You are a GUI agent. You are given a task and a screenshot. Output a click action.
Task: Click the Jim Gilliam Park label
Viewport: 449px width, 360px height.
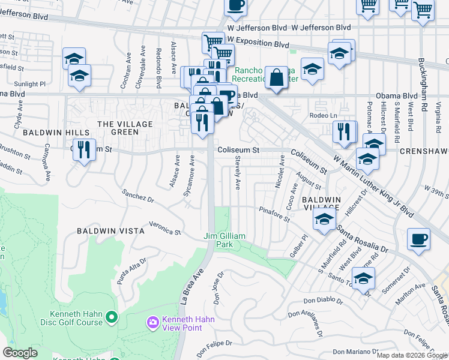point(224,241)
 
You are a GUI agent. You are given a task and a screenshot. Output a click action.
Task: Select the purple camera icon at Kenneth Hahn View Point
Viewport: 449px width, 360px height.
point(152,323)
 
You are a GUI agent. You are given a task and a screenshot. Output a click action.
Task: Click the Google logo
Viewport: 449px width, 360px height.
point(20,353)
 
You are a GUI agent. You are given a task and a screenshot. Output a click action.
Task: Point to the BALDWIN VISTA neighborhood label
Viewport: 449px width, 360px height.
point(110,230)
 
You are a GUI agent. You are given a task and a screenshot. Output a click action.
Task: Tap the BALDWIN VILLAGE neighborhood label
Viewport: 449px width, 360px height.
point(321,203)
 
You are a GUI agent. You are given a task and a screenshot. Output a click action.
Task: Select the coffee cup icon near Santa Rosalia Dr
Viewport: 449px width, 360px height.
point(418,238)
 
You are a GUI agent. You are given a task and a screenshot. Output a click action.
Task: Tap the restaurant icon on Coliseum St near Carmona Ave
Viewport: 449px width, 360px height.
point(85,149)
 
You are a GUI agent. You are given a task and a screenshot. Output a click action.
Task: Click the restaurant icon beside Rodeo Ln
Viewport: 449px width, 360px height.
point(344,131)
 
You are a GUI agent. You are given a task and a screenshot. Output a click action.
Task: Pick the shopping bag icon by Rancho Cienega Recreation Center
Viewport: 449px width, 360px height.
point(276,77)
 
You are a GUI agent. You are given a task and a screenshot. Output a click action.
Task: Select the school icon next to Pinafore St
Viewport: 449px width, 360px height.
point(324,220)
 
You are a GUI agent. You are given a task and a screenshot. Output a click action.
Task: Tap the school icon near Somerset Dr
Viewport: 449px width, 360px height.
point(363,278)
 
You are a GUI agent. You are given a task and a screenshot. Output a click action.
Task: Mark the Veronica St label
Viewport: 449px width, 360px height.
point(165,229)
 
